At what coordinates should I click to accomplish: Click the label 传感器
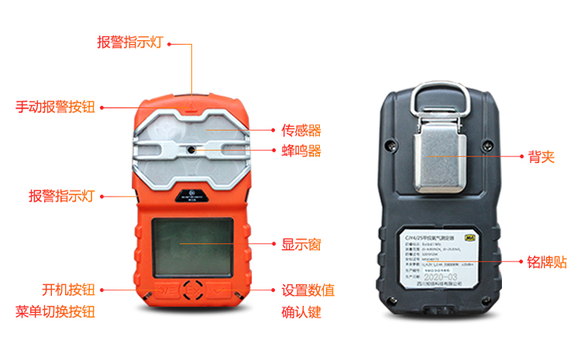point(301,130)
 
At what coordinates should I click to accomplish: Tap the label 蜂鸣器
point(301,151)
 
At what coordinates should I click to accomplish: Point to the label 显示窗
point(301,245)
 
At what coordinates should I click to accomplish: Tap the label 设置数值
point(308,290)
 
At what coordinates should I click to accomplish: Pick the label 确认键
point(301,313)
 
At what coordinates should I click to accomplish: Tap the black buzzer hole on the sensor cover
point(190,147)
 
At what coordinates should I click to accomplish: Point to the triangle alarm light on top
point(191,98)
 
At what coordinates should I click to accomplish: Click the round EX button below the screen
point(194,290)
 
